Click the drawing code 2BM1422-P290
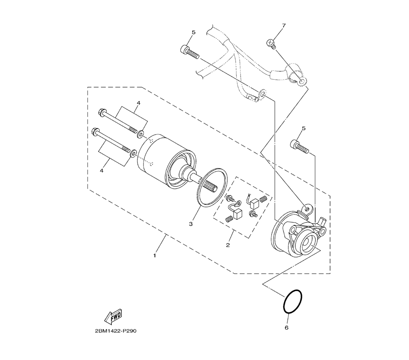click(116, 331)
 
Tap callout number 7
click(284, 25)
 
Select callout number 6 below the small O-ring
click(286, 328)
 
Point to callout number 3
click(191, 224)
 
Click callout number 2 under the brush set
click(228, 245)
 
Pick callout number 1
click(155, 255)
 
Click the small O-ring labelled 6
click(293, 301)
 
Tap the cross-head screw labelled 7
click(271, 43)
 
